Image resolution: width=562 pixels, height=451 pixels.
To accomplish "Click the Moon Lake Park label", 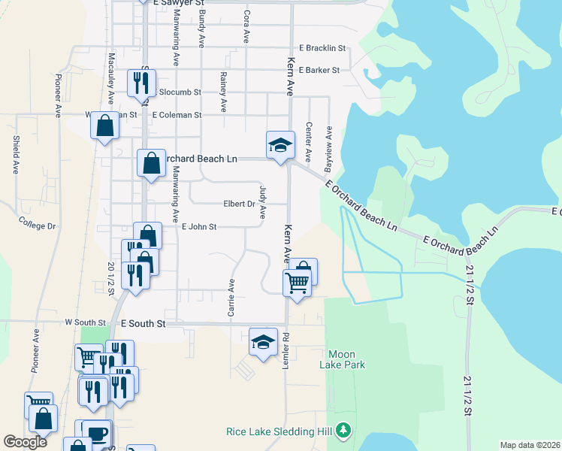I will (x=346, y=359).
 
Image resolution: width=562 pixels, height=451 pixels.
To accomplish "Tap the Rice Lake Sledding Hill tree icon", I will (x=344, y=431).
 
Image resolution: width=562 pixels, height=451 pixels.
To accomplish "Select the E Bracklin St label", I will (x=322, y=48).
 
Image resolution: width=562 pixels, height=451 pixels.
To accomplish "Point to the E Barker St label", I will (x=319, y=70).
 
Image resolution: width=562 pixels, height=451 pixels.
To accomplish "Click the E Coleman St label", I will (x=177, y=115).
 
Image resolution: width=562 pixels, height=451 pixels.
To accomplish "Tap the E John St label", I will (x=198, y=226).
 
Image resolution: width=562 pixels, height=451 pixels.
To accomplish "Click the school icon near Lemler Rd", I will (x=263, y=341).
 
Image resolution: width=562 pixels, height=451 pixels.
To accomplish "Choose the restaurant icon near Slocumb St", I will (x=140, y=82).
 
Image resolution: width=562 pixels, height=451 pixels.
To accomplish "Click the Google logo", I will (x=25, y=442).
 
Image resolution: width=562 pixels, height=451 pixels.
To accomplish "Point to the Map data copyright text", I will (x=530, y=445).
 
